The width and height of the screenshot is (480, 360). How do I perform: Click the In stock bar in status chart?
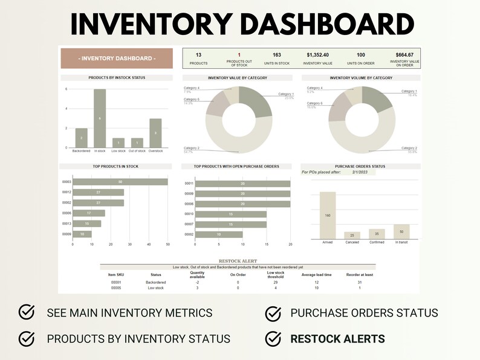click(100, 118)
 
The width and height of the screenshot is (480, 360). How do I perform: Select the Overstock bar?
click(155, 133)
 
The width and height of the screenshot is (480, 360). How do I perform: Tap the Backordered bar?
click(81, 138)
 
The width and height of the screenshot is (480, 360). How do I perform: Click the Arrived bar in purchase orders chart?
click(328, 216)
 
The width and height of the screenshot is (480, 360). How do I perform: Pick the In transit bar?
click(401, 232)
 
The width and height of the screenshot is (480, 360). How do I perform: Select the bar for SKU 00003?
click(120, 182)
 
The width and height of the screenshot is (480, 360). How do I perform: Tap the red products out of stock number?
click(239, 55)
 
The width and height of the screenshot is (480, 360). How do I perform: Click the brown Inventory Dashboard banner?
click(117, 59)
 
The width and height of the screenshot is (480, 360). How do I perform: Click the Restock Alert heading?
click(238, 261)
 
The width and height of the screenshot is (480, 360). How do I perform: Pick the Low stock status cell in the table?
click(155, 288)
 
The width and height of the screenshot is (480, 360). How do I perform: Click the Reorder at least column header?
click(359, 274)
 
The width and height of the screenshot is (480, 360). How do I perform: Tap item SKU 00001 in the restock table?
click(116, 282)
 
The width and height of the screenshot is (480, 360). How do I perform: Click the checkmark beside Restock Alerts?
click(273, 338)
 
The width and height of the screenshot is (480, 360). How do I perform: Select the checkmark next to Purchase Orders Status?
click(273, 313)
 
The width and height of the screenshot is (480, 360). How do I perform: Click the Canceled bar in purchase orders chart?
click(352, 235)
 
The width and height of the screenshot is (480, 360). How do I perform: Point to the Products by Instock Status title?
click(117, 78)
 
